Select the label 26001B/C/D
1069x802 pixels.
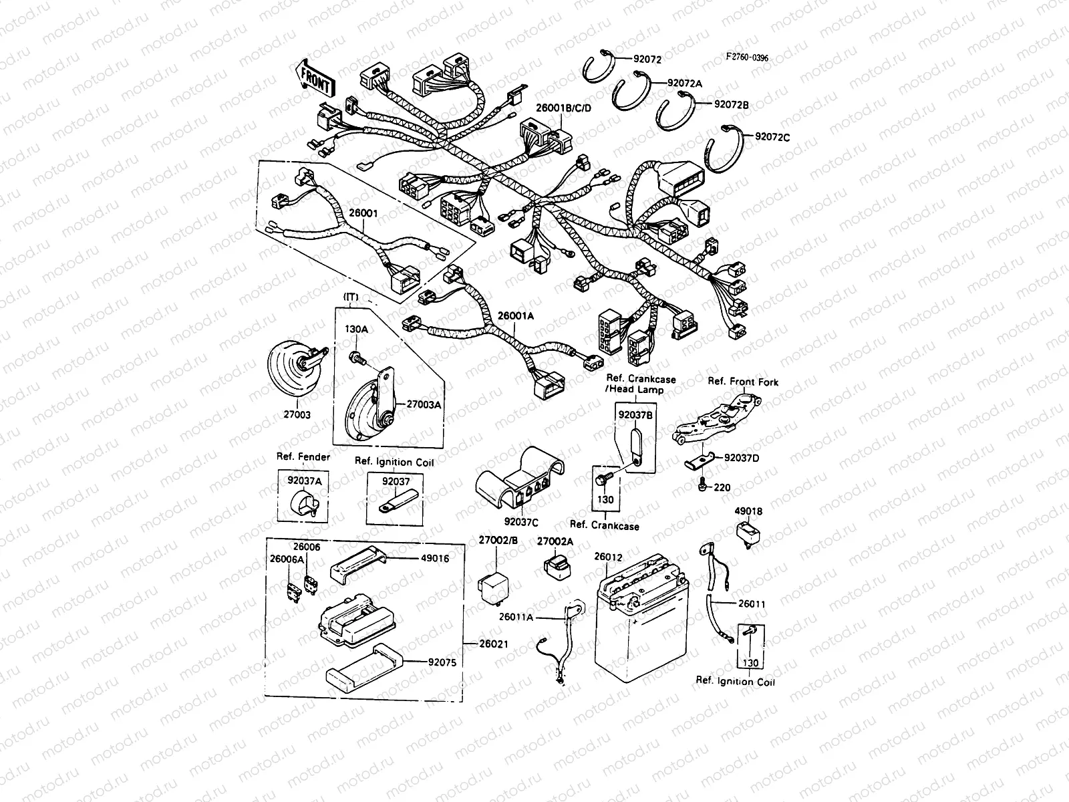563,107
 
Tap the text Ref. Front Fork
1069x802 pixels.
743,382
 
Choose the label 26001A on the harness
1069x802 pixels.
515,317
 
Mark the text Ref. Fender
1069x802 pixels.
303,457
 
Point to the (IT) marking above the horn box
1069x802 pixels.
351,296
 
